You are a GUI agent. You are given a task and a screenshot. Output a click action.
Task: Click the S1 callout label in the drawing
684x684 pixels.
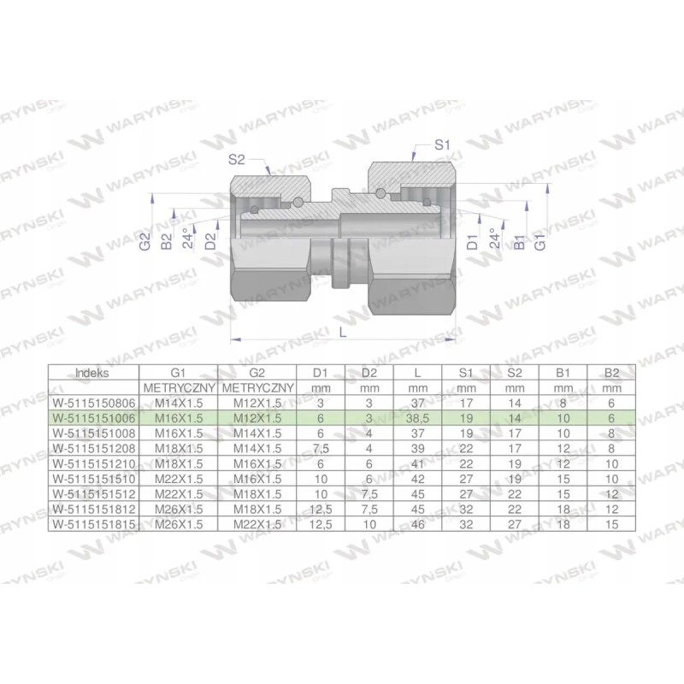(442, 145)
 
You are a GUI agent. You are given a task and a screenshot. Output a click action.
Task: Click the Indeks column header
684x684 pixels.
(92, 373)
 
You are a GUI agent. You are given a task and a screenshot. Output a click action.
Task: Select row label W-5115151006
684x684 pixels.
(92, 418)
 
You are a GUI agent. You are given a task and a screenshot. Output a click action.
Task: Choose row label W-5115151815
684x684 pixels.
(92, 524)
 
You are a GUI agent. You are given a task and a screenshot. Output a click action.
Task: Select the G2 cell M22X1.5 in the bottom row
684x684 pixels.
(256, 524)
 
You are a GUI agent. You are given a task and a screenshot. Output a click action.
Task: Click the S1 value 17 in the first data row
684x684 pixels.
(467, 403)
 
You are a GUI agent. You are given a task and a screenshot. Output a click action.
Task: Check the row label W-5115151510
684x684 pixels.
(92, 479)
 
